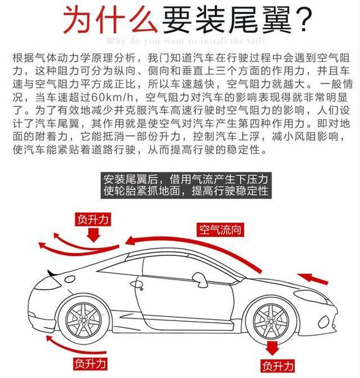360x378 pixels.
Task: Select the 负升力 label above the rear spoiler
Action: [94, 219]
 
